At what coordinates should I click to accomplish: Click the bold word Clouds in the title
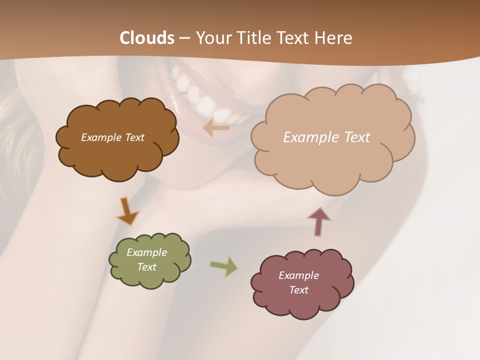[x=147, y=38]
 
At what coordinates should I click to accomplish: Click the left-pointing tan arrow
[x=216, y=128]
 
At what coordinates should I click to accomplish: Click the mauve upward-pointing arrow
[x=319, y=220]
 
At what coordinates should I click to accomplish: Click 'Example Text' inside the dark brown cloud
[x=112, y=137]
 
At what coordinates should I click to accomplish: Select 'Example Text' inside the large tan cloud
[x=326, y=137]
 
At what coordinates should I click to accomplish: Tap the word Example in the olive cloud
[x=146, y=252]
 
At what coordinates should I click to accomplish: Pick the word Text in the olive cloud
[x=146, y=267]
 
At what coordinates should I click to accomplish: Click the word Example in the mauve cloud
[x=298, y=275]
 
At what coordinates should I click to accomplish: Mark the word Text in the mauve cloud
[x=298, y=290]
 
